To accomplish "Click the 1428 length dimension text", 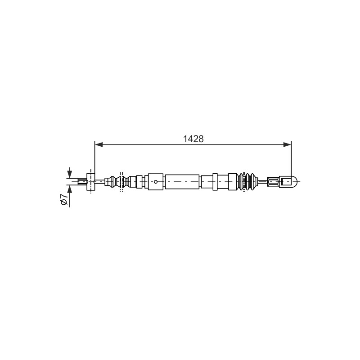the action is tap(193, 139).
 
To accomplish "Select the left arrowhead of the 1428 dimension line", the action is tap(99, 144).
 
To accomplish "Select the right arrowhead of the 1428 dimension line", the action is tap(287, 144).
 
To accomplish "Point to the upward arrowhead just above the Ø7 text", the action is tap(69, 189).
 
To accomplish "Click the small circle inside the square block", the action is tap(156, 182).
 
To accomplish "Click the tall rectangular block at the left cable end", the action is tap(90, 182).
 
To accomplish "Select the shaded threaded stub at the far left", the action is tap(82, 182).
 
